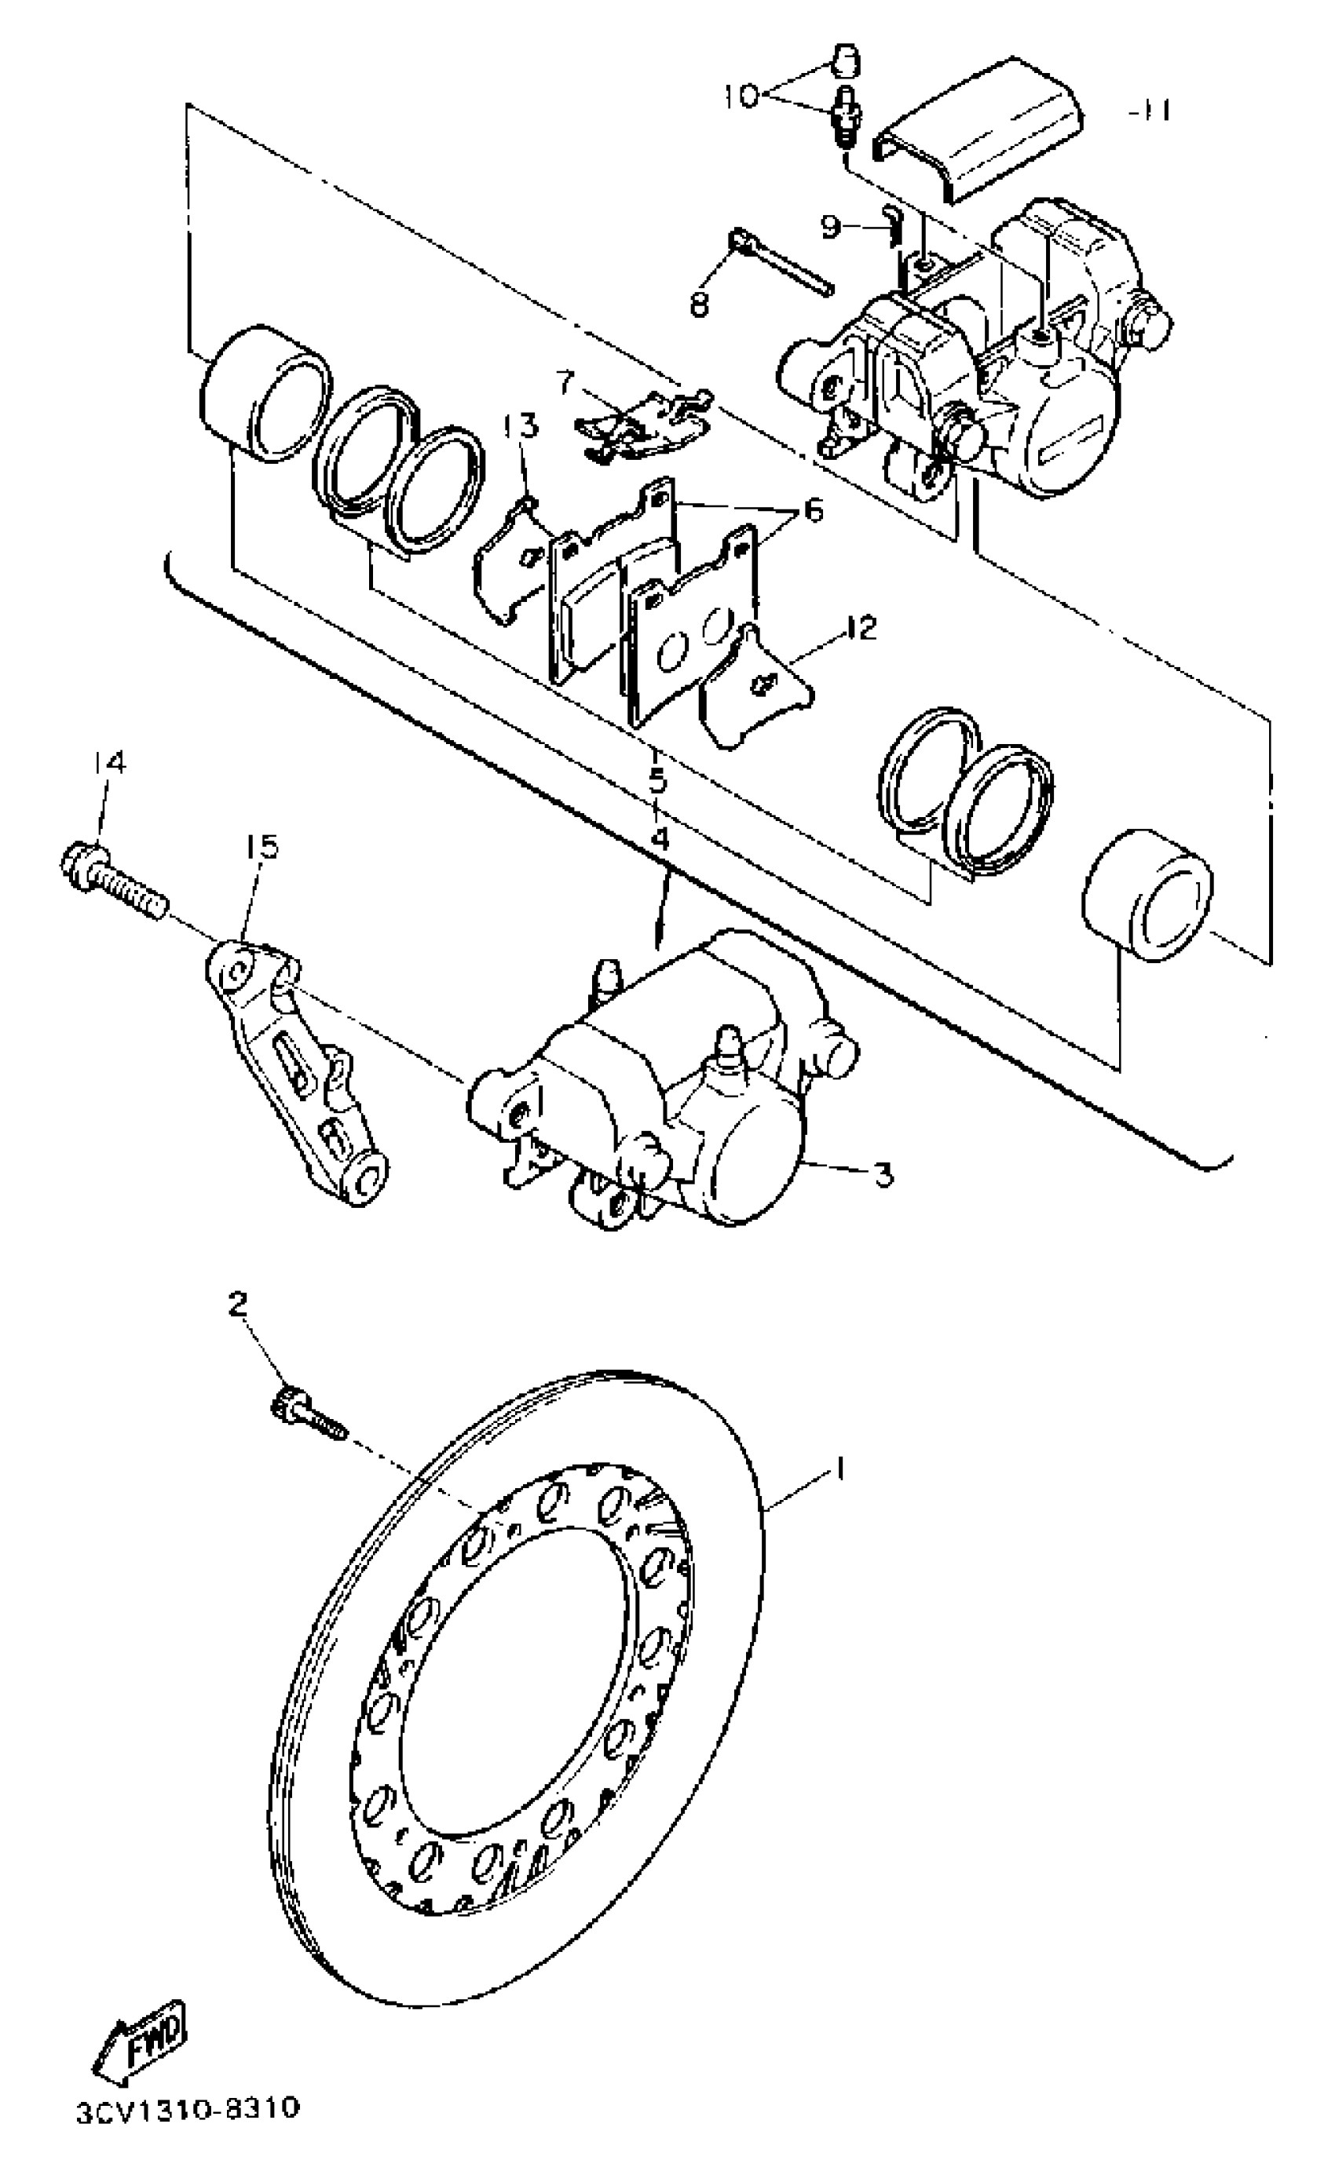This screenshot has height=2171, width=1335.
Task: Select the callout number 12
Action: tap(859, 629)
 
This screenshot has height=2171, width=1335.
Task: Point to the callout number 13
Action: tap(520, 427)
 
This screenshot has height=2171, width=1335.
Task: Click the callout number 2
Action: tap(236, 1304)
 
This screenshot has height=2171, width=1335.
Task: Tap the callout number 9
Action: tap(831, 228)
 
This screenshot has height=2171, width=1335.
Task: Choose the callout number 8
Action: tap(699, 305)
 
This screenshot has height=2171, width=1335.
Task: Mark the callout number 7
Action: tap(566, 383)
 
